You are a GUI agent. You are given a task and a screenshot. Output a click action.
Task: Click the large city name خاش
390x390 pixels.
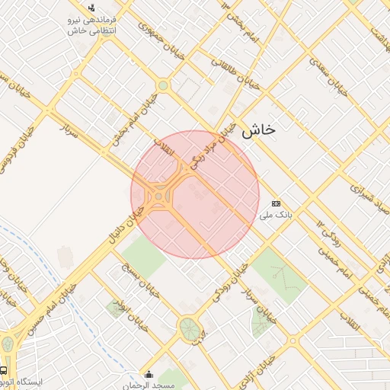[258, 131]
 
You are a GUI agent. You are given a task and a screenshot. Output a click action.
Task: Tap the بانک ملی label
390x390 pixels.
[276, 216]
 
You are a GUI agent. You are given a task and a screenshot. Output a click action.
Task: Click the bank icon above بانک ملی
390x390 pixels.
[276, 203]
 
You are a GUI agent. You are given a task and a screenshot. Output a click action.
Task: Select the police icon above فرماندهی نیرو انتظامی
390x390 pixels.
[91, 7]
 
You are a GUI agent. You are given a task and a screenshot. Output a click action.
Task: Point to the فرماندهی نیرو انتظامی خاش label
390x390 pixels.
[90, 25]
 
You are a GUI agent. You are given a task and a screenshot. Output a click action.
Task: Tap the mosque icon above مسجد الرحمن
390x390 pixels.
[149, 374]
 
